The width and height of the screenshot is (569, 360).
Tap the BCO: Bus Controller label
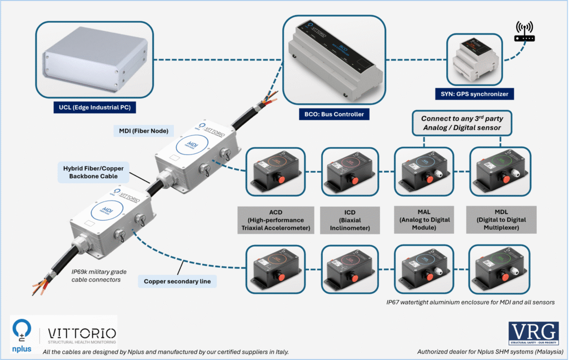pos(333,114)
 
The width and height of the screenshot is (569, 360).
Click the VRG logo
pos(533,334)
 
